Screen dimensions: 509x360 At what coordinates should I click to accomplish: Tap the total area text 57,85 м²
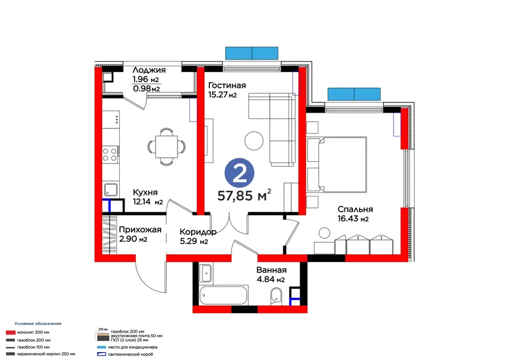point(244,196)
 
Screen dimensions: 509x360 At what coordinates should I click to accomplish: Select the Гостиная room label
point(227,85)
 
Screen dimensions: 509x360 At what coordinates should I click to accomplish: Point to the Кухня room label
point(145,192)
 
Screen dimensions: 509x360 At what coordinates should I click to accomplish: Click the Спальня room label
point(355,209)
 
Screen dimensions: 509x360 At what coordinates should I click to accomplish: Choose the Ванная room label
point(271,270)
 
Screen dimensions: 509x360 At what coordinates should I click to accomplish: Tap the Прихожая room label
point(140,230)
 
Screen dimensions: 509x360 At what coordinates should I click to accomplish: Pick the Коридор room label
point(198,232)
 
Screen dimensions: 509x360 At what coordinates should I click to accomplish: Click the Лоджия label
point(149,70)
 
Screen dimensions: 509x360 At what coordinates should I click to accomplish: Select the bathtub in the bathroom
point(223,295)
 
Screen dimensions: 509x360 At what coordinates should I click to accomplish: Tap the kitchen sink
point(111,190)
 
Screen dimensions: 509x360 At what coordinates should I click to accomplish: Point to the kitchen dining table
point(166,147)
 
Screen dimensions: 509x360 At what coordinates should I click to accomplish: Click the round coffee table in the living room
point(254,141)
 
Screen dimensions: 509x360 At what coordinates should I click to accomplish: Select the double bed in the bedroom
point(337,165)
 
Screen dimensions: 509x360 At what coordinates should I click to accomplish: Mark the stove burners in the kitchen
point(110,155)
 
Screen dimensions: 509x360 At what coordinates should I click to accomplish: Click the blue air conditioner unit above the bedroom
point(354,94)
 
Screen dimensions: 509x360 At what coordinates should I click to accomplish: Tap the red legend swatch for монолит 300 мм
point(11,332)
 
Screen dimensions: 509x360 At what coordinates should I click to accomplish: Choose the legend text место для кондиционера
point(133,347)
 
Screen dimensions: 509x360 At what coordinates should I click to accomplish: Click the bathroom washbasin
point(206,273)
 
